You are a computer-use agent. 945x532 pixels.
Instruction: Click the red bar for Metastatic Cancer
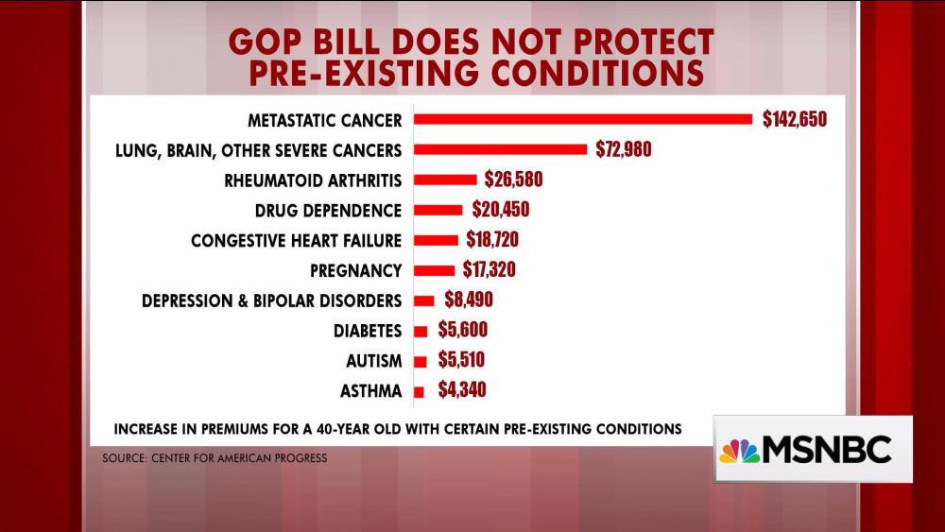click(x=584, y=119)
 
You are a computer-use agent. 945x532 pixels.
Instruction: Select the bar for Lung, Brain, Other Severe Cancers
click(x=501, y=149)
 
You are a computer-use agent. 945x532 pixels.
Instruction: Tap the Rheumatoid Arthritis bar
click(x=446, y=180)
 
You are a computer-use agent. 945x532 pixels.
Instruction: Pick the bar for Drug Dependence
click(x=438, y=210)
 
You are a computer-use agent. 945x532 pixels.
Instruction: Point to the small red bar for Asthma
click(x=420, y=390)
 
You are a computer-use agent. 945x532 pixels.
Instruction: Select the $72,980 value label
click(x=624, y=149)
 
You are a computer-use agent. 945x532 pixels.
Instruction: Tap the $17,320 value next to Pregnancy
click(x=489, y=270)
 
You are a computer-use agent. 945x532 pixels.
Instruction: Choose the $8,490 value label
click(x=469, y=300)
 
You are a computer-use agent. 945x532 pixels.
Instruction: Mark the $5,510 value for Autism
click(x=461, y=360)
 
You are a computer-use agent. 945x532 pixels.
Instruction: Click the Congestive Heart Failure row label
click(x=296, y=240)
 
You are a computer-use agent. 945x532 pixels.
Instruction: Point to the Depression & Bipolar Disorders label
click(x=271, y=300)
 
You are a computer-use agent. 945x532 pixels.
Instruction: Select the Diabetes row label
click(x=367, y=331)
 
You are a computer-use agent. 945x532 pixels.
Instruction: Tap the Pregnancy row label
click(x=355, y=270)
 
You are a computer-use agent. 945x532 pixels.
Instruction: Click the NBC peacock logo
click(x=739, y=451)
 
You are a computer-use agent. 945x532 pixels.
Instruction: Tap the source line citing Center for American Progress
click(x=215, y=459)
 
